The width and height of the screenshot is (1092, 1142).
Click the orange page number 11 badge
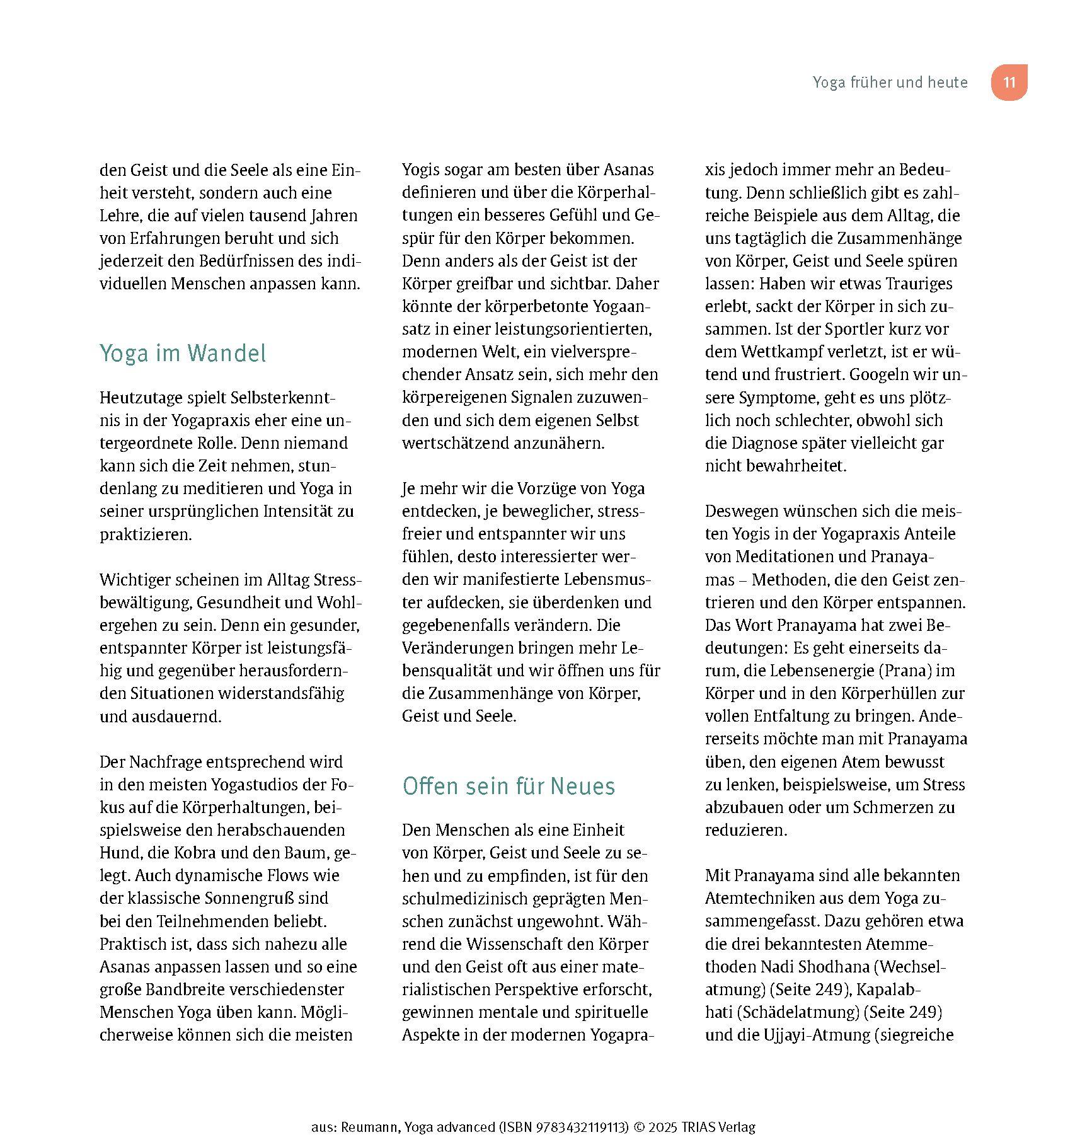(1009, 83)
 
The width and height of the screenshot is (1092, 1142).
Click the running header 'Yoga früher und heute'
(890, 83)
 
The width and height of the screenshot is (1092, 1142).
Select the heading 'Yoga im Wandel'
(183, 354)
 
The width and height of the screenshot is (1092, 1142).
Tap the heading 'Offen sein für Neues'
(509, 787)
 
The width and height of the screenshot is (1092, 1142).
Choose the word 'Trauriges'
(919, 284)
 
